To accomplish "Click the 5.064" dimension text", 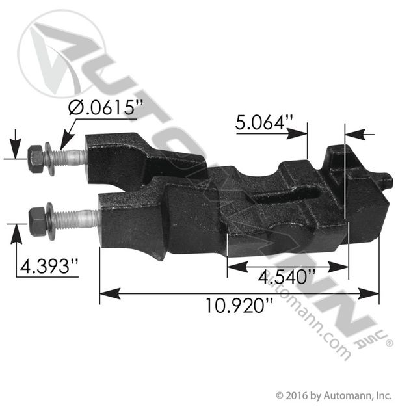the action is pos(263,123).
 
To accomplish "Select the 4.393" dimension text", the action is pos(49,267).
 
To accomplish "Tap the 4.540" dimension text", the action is pos(287,277).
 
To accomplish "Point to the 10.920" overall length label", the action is pos(239,306).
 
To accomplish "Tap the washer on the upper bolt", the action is pos(49,159).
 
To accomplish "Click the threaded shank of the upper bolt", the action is pos(70,157).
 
